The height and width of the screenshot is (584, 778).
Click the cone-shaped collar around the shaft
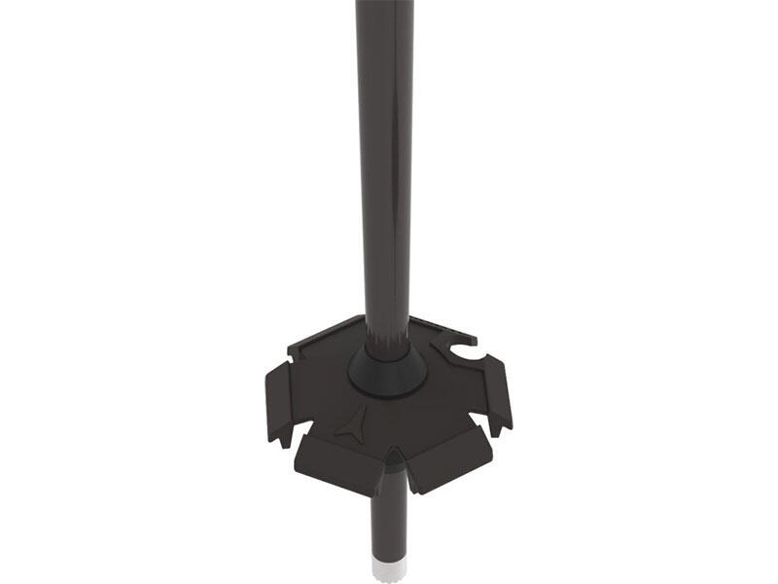388,368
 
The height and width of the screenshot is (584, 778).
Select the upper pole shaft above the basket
384,146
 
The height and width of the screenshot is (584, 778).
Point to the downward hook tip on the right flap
503,429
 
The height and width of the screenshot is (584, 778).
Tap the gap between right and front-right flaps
480,422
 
